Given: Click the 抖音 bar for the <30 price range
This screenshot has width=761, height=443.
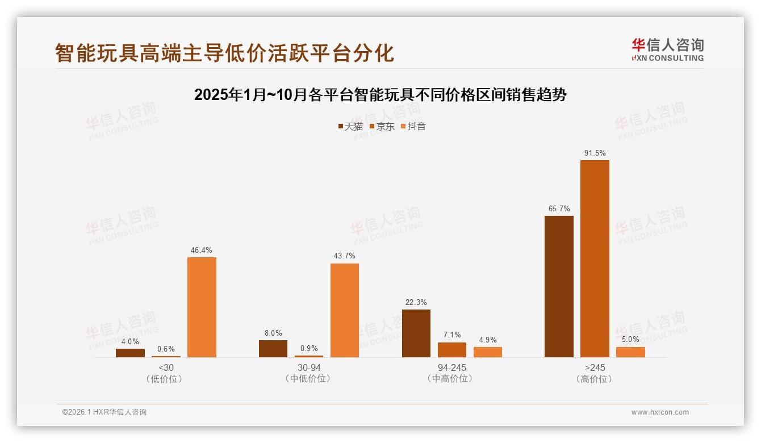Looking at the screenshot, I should [x=202, y=307].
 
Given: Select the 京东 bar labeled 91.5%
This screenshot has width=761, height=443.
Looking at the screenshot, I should [x=595, y=258].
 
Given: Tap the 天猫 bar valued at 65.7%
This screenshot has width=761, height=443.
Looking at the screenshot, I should [x=559, y=286].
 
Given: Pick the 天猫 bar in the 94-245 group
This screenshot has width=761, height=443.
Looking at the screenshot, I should [x=416, y=333].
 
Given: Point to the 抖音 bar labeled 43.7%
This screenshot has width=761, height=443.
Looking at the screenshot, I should [x=345, y=310].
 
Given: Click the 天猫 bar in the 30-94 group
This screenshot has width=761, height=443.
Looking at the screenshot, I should [x=273, y=349].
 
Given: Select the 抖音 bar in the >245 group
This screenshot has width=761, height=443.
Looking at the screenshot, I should [x=630, y=352].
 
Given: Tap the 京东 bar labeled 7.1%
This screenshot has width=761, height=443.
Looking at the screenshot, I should [x=452, y=350].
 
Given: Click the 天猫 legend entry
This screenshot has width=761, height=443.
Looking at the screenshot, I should [x=350, y=126].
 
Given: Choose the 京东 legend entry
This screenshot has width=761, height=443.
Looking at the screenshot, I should [x=382, y=126].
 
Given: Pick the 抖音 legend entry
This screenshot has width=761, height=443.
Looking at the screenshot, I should [x=413, y=126].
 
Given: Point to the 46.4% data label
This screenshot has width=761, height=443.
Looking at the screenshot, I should [x=202, y=250].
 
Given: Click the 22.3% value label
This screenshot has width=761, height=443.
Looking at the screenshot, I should [x=416, y=302].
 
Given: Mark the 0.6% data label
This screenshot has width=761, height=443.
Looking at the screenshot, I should [x=166, y=349].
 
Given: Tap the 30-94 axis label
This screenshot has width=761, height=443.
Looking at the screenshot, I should [x=309, y=367].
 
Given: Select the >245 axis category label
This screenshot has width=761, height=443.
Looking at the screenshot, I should [x=595, y=367].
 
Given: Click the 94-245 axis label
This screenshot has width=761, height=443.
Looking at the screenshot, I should [x=452, y=367].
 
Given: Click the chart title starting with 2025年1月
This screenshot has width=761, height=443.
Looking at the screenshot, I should [x=380, y=95].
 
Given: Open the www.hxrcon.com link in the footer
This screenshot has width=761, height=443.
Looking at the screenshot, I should [x=660, y=412].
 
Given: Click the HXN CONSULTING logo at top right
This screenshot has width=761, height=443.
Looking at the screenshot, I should [x=667, y=49].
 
